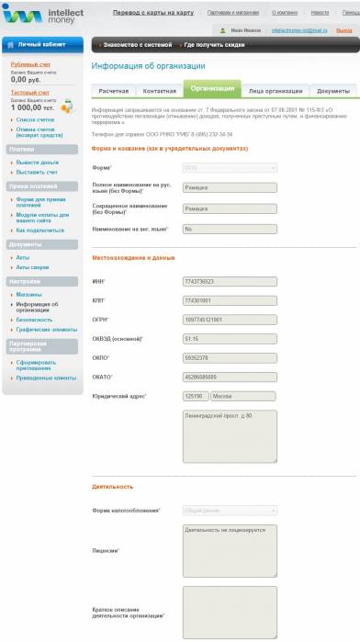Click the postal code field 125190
click(x=194, y=396)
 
